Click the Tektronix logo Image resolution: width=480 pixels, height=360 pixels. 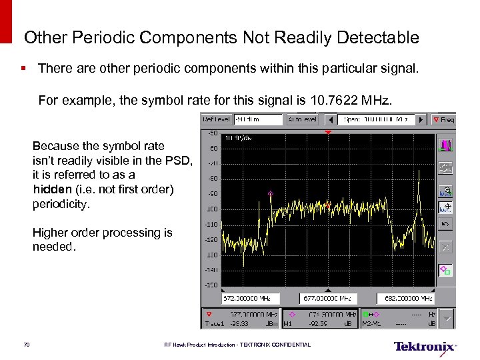[425, 347]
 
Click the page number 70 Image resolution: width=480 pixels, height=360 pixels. [26, 345]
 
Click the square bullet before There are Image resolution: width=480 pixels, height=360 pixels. [25, 68]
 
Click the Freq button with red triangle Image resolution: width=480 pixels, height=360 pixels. [443, 119]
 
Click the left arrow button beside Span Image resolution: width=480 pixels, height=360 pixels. [329, 119]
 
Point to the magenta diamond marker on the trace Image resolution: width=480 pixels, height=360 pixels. [270, 193]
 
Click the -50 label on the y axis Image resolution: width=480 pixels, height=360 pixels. [211, 133]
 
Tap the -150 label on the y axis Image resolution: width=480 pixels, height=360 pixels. [211, 285]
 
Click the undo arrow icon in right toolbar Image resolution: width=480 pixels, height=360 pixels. [445, 225]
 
